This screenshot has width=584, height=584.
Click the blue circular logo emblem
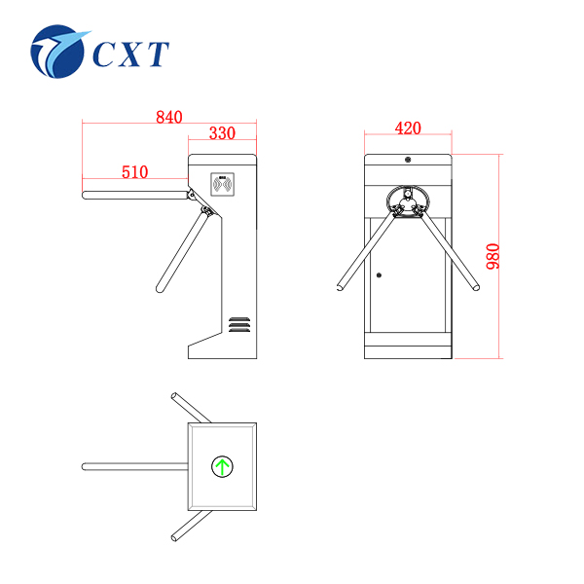point(59,51)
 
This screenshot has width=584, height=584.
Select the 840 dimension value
point(168,117)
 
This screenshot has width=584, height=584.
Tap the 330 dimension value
point(222,133)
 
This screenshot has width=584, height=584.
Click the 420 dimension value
point(408,128)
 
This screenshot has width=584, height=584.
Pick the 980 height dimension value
point(493,256)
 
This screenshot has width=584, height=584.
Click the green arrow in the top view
point(223,466)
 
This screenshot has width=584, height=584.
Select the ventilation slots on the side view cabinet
point(239,322)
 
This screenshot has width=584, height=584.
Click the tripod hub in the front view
point(408,201)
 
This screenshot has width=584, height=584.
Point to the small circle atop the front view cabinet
point(408,160)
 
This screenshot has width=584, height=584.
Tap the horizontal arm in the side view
point(134,195)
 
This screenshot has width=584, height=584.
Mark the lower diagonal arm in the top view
point(191,523)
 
